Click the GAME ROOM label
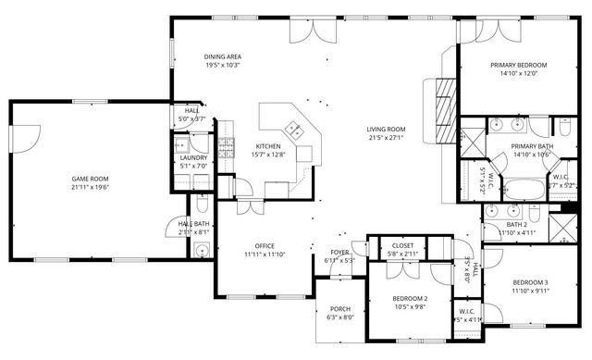click(x=90, y=178)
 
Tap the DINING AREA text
click(x=222, y=57)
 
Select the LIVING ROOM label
click(x=386, y=130)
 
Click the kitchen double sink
click(x=295, y=130)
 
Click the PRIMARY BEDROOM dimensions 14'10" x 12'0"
click(x=518, y=75)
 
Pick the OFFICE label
click(x=265, y=245)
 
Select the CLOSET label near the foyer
click(x=402, y=245)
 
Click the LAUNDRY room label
click(x=193, y=157)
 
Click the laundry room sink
click(x=182, y=145)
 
